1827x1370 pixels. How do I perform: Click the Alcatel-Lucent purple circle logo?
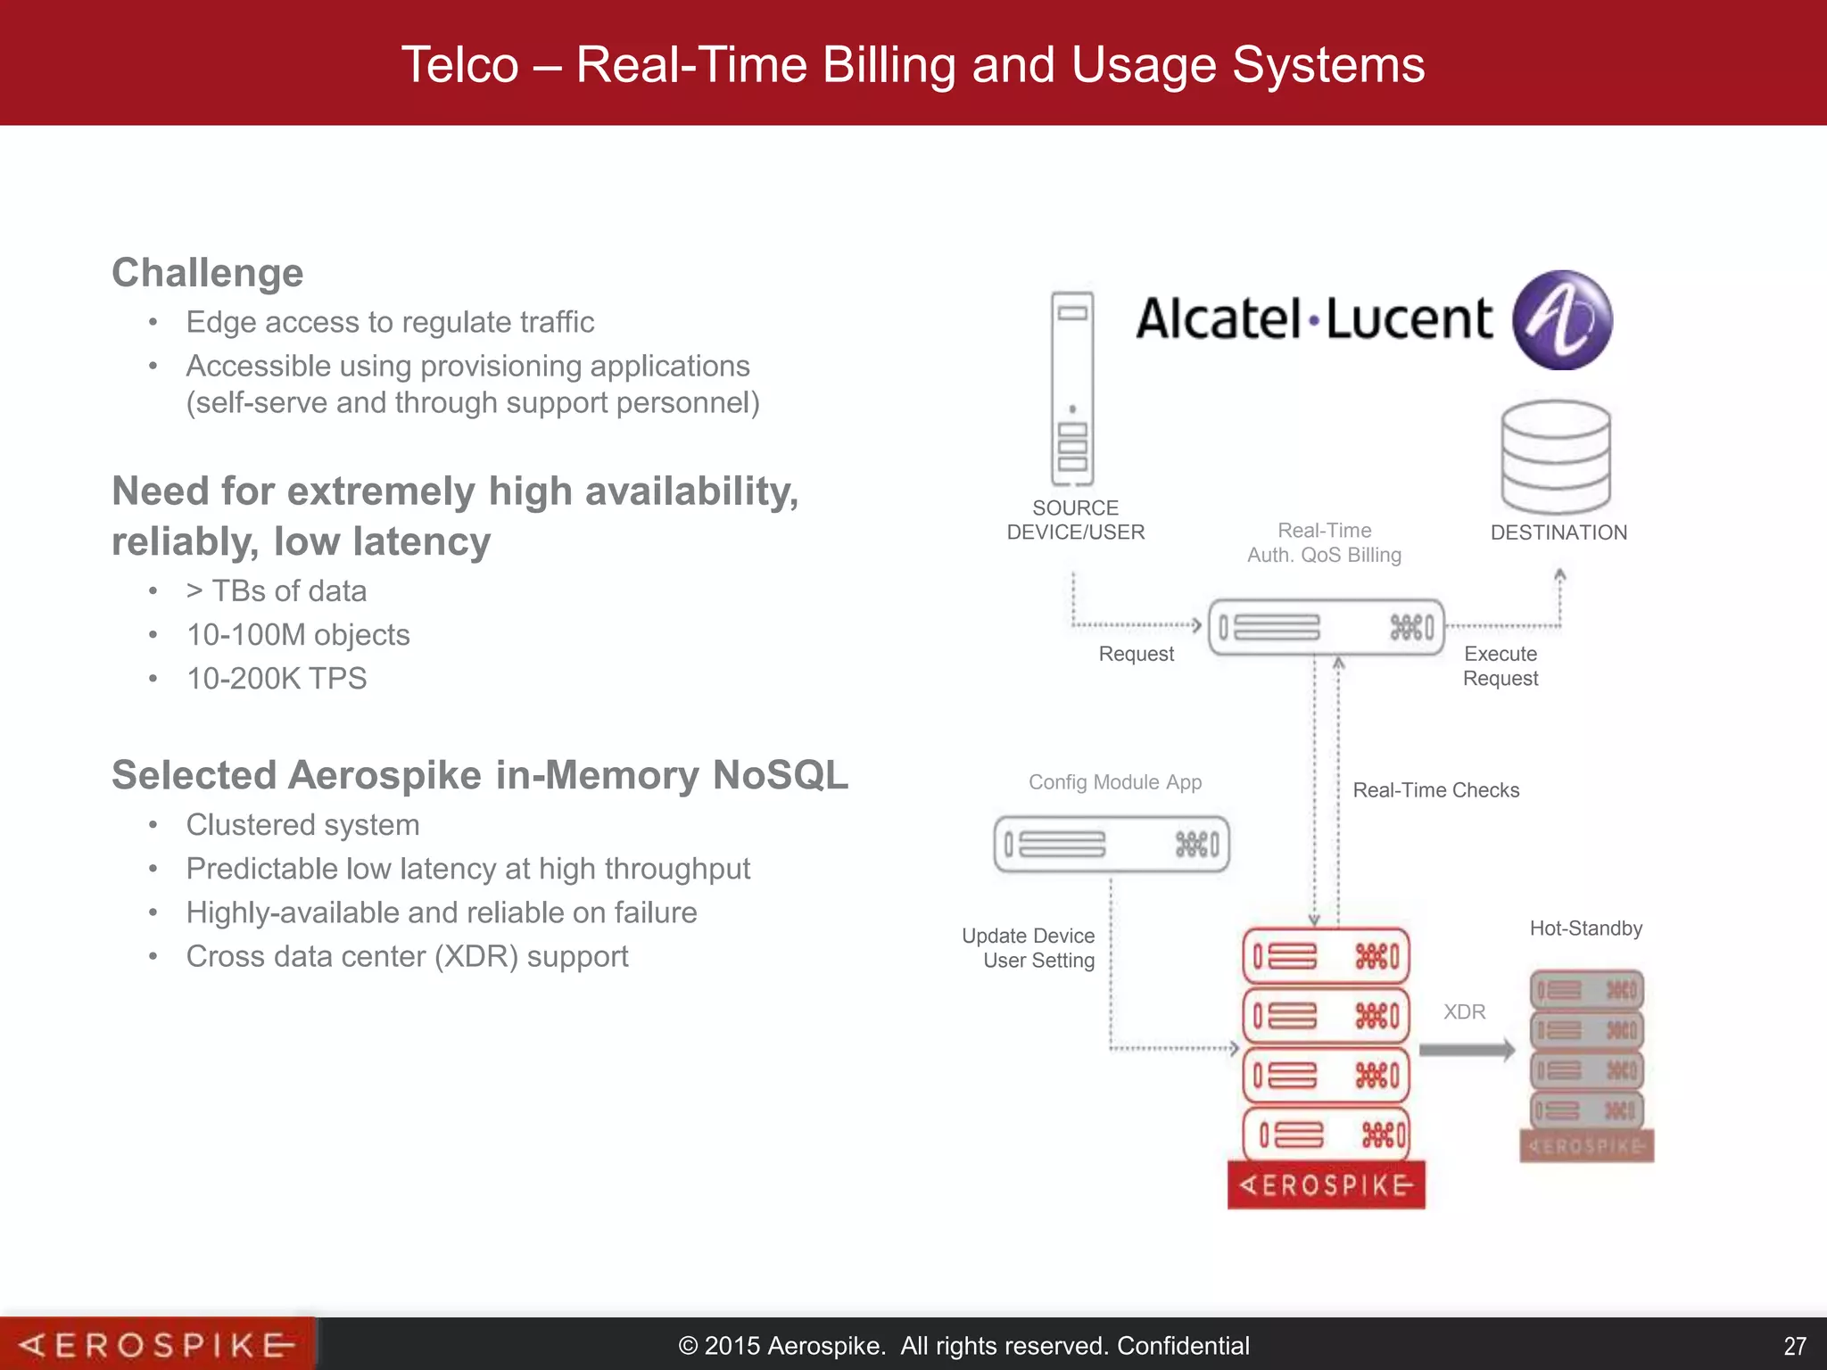tap(1562, 320)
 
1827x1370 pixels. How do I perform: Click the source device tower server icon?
tap(1072, 389)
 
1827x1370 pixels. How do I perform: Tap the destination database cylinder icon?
tap(1556, 457)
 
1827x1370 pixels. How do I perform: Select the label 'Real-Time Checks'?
tap(1435, 790)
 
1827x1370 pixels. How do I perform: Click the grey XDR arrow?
tap(1466, 1050)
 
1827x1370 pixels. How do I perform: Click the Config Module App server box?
tap(1112, 844)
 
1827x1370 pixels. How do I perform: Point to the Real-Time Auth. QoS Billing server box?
tap(1326, 627)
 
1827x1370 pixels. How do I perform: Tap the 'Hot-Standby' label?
tap(1585, 928)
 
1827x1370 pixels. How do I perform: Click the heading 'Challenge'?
tap(208, 273)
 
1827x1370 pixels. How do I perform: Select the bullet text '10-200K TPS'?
tap(277, 679)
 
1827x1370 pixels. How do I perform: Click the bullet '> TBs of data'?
tap(277, 591)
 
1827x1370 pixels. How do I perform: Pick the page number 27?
tap(1794, 1346)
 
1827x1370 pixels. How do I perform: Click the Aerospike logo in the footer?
tap(157, 1344)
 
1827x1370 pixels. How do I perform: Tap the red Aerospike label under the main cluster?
tap(1326, 1185)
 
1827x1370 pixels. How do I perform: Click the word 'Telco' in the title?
tap(459, 65)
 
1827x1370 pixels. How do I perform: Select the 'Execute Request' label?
tap(1500, 666)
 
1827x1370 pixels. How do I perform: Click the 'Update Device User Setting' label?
tap(1029, 948)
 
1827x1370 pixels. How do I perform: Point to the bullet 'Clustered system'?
tap(302, 825)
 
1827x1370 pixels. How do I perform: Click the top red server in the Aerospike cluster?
tap(1326, 957)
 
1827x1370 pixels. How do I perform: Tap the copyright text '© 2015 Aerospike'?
tap(781, 1346)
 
